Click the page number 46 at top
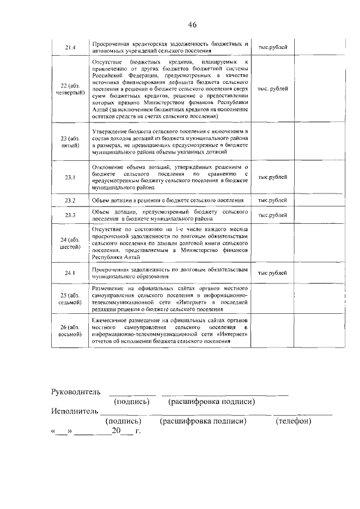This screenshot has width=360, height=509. (192, 25)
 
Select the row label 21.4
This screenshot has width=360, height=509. (70, 47)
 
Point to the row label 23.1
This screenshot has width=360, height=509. (70, 177)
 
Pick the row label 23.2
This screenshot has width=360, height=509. (70, 200)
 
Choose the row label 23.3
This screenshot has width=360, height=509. (70, 215)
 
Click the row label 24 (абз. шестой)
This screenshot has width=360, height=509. (70, 243)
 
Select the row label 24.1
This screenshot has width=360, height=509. (70, 273)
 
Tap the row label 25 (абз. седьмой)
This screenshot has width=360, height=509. (70, 299)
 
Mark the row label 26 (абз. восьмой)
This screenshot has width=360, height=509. (70, 331)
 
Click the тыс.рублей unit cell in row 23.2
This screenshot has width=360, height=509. (273, 200)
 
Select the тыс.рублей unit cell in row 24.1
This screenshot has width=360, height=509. (273, 273)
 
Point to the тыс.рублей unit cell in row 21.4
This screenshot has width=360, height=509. (273, 47)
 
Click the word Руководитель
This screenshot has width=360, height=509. (76, 391)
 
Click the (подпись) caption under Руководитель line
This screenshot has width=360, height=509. (132, 402)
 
